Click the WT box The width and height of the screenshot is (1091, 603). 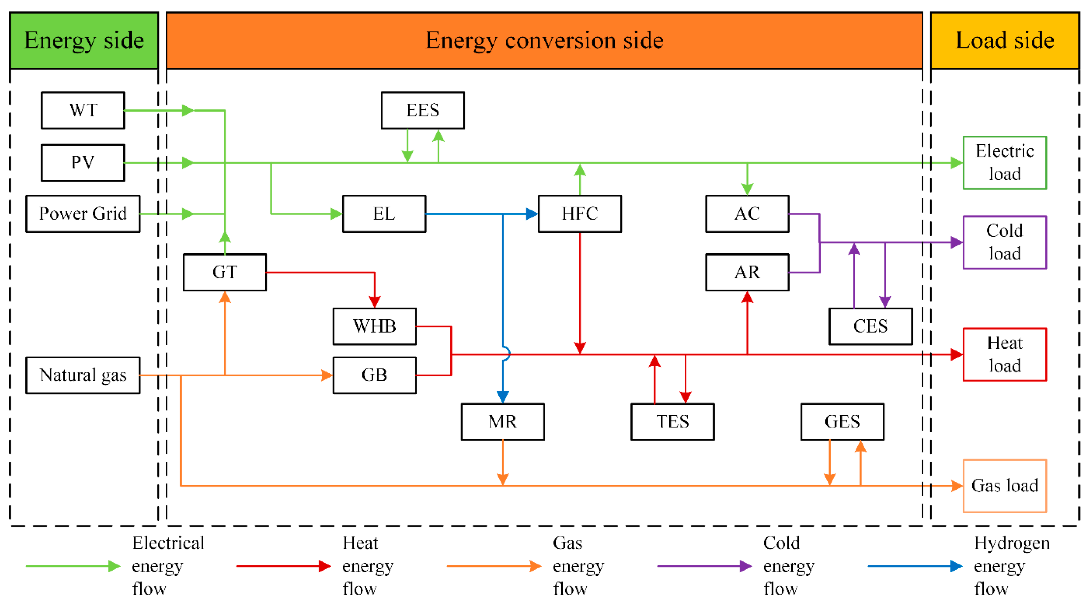coord(83,110)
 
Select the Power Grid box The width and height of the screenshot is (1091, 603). coord(83,214)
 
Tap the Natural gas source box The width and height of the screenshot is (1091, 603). coord(83,375)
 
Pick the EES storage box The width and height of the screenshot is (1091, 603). coord(423,110)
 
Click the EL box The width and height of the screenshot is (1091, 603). coord(384,214)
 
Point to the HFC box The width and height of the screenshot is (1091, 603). coord(580,214)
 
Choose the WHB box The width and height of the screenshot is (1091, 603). coord(375,326)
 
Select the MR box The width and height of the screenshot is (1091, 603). coord(503,422)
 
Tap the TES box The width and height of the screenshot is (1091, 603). coord(673,422)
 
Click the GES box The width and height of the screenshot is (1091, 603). coord(843,422)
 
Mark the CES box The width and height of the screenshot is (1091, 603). coord(870,326)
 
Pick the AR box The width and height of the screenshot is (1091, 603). coord(747,272)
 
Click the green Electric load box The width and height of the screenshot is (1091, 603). coord(1005,163)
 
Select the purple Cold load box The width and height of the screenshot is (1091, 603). coord(1005,242)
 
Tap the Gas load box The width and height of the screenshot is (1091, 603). coord(1005,486)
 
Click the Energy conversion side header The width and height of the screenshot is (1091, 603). coord(544,41)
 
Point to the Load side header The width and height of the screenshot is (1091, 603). coord(1005,41)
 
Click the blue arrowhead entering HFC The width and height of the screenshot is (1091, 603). coord(532,214)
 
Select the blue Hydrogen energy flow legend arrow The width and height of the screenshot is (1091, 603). coord(915,566)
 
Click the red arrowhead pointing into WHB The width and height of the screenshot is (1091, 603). coord(375,302)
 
